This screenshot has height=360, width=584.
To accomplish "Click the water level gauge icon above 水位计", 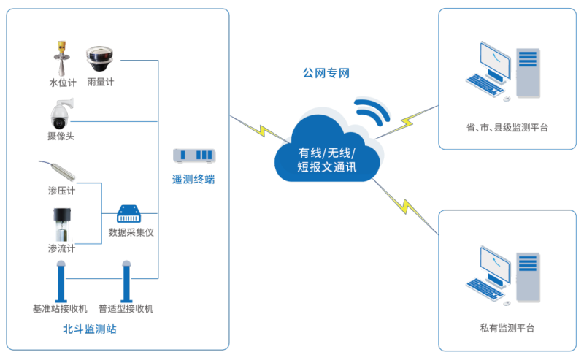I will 58,58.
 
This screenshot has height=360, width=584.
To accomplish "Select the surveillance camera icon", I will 60,114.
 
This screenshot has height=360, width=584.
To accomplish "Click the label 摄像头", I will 61,137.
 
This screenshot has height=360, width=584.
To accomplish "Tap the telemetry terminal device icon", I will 193,156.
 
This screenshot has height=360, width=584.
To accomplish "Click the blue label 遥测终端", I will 193,179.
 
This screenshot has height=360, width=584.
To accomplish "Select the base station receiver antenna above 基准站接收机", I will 59,280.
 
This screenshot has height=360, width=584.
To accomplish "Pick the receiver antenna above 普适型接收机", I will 126,280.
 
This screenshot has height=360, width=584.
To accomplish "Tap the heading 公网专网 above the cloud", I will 326,73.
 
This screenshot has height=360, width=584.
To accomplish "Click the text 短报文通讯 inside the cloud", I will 326,167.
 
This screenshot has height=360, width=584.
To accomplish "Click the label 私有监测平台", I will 507,329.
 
